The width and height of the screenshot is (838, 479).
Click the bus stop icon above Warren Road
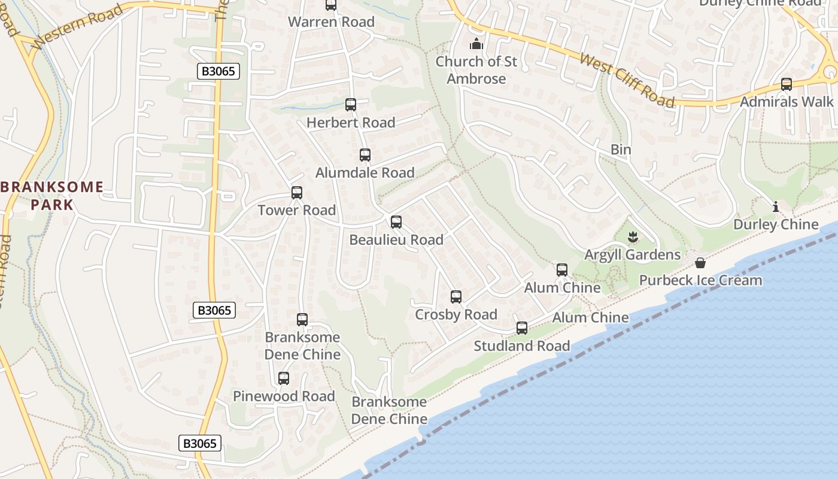tap(331, 5)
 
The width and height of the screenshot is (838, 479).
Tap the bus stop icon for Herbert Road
tap(351, 105)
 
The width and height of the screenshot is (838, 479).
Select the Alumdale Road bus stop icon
tap(365, 155)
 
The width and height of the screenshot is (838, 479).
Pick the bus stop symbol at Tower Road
tap(297, 193)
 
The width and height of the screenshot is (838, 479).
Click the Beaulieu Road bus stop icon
tap(396, 222)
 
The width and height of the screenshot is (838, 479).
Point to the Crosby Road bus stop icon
tap(456, 297)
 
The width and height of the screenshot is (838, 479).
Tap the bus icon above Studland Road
tap(522, 328)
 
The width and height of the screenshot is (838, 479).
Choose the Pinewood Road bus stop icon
tap(284, 378)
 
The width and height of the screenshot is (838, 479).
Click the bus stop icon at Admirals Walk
tap(787, 84)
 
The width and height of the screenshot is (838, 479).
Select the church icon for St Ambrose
tap(476, 44)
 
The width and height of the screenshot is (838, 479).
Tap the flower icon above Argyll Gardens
tap(633, 238)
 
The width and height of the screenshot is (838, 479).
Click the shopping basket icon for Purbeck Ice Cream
tap(700, 263)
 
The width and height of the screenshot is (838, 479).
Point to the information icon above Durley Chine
tap(776, 207)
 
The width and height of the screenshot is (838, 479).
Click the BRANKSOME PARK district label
tap(52, 196)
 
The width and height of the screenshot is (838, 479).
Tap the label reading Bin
tap(621, 149)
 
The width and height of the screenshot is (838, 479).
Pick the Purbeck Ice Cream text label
tap(701, 280)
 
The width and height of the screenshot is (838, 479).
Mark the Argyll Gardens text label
tap(633, 255)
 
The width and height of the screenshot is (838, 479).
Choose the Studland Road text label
tap(522, 346)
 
